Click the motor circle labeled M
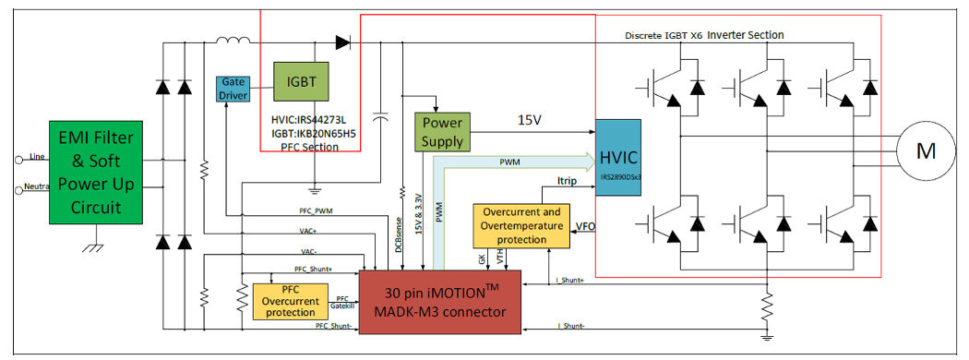point(926,150)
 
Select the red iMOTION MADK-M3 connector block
point(440,301)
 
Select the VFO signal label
point(585,225)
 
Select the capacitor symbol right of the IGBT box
point(379,116)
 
